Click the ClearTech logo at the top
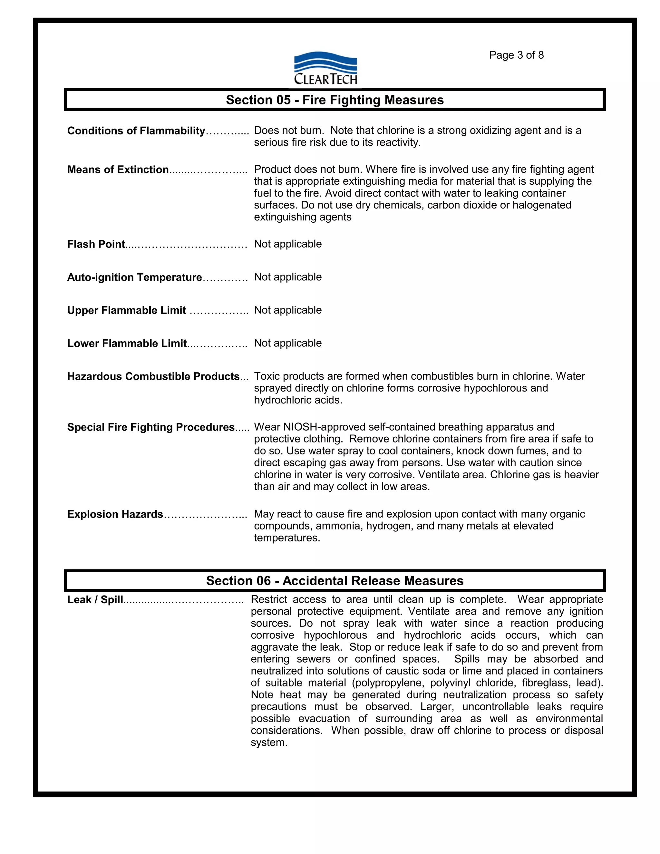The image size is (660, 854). pyautogui.click(x=325, y=68)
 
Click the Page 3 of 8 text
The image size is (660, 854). pyautogui.click(x=516, y=55)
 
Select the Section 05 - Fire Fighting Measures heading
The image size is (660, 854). pyautogui.click(x=335, y=100)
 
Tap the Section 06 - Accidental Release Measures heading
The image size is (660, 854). pyautogui.click(x=335, y=581)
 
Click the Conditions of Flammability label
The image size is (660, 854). pyautogui.click(x=136, y=131)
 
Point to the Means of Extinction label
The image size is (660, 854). pyautogui.click(x=118, y=169)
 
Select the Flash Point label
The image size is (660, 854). pyautogui.click(x=96, y=244)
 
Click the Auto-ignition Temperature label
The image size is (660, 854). pyautogui.click(x=134, y=277)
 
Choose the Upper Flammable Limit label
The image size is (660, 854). pyautogui.click(x=126, y=310)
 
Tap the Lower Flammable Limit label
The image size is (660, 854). pyautogui.click(x=127, y=343)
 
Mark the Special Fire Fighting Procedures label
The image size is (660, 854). pyautogui.click(x=150, y=427)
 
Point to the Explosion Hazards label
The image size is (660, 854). pyautogui.click(x=115, y=514)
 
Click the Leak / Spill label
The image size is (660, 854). pyautogui.click(x=95, y=600)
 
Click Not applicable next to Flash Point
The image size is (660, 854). pyautogui.click(x=288, y=244)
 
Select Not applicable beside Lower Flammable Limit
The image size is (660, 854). pyautogui.click(x=288, y=343)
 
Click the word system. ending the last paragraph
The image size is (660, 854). pyautogui.click(x=269, y=742)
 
